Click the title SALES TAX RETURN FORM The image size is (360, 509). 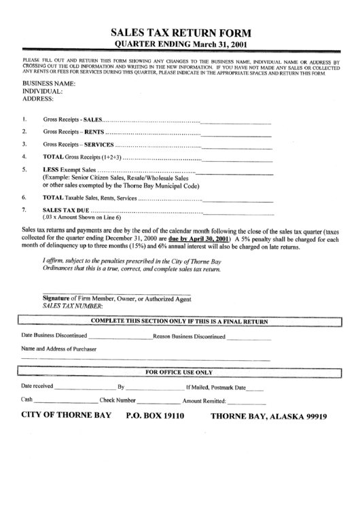point(180,33)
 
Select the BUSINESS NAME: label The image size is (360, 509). point(49,84)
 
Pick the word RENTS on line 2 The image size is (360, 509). point(93,132)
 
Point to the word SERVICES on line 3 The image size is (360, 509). point(98,145)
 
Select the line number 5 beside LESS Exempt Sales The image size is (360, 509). point(24,170)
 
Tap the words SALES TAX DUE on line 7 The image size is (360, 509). point(66,210)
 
